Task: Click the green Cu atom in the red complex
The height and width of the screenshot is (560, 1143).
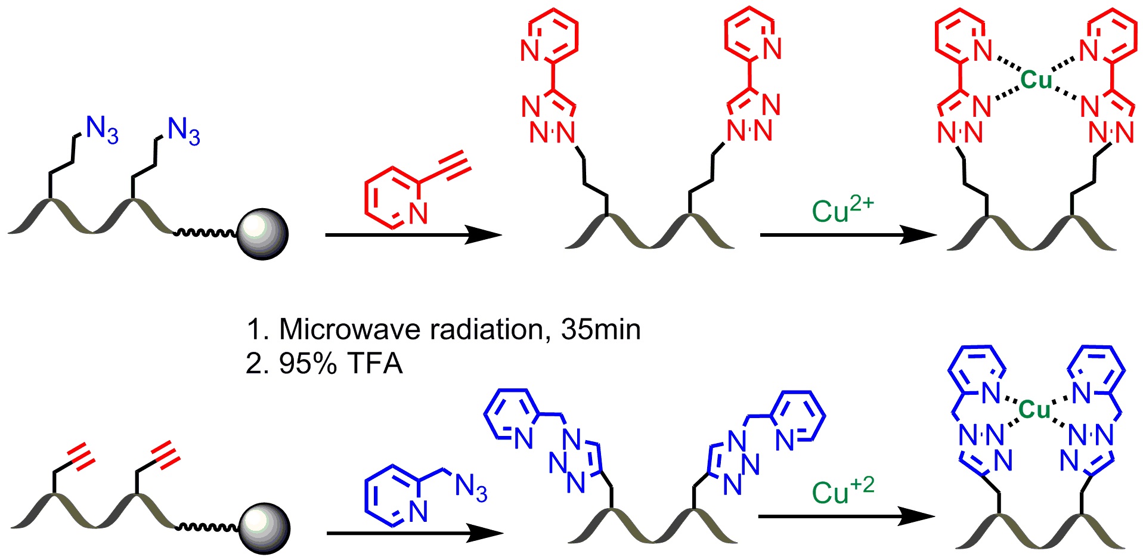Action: tap(1036, 79)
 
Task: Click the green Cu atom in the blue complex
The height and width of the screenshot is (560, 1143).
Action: tap(1034, 410)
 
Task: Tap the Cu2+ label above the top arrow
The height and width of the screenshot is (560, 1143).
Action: tap(842, 208)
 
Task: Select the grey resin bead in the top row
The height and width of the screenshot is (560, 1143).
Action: tap(262, 234)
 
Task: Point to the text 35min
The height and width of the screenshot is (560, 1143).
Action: tap(601, 329)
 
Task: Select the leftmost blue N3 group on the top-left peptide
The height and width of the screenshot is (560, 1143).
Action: tap(102, 129)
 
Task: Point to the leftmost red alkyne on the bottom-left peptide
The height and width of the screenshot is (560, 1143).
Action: tap(81, 456)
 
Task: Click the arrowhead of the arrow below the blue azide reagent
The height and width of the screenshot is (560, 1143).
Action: tap(484, 533)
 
